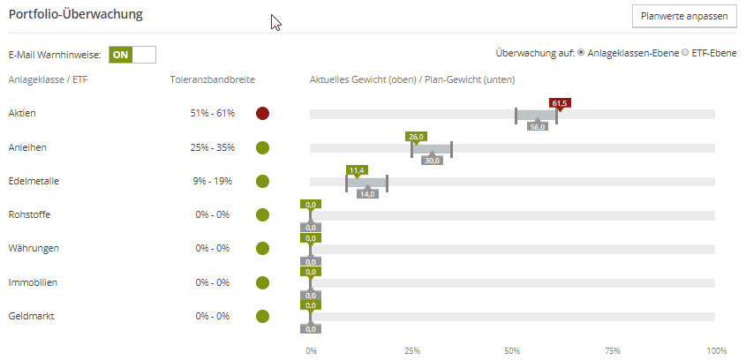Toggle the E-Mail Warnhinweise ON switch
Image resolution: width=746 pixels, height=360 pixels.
[x=132, y=54]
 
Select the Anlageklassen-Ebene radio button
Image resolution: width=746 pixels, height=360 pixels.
[x=581, y=53]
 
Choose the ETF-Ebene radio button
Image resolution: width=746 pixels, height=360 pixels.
[x=685, y=53]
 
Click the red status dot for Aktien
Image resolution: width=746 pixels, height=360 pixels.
[x=262, y=114]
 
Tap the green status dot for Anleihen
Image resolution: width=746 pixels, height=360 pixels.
[x=262, y=147]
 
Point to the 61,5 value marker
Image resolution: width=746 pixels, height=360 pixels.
[x=560, y=103]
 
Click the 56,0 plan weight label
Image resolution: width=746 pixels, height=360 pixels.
[x=538, y=126]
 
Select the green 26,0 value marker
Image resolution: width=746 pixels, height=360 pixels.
[x=416, y=137]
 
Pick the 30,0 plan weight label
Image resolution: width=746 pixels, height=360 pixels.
[x=432, y=160]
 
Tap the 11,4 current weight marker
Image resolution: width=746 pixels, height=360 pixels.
[x=357, y=170]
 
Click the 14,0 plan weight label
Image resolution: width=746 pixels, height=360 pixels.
[x=367, y=193]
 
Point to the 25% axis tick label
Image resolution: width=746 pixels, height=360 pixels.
[x=412, y=350]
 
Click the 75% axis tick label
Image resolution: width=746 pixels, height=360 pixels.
[x=614, y=350]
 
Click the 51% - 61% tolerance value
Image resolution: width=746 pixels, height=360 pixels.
[x=212, y=114]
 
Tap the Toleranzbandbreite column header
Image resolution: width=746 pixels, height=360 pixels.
[x=212, y=79]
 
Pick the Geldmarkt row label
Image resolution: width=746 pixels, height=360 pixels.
[x=32, y=315]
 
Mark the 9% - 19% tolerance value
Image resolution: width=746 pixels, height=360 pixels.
[x=212, y=181]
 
